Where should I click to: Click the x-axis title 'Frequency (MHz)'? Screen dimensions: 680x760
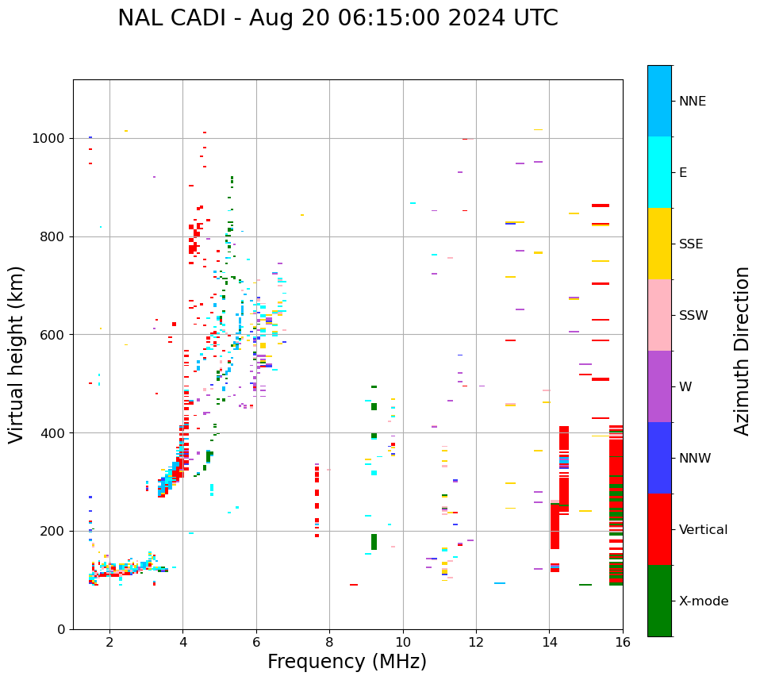347,662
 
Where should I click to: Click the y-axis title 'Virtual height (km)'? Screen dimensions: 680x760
17,354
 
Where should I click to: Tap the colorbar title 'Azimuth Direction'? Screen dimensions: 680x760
742,351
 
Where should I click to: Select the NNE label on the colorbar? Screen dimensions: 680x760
692,102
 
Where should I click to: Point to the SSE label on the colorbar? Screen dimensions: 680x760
690,244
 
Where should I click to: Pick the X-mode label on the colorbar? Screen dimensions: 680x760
704,601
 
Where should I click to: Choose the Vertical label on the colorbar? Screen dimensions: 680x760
703,530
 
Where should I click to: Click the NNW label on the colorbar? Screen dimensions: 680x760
695,459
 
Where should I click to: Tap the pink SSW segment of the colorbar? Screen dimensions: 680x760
659,315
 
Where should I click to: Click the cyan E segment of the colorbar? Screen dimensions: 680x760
659,172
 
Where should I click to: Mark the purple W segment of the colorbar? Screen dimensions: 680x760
659,386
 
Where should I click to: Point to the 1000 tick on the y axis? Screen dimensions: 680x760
51,138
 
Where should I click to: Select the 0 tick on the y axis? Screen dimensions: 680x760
63,629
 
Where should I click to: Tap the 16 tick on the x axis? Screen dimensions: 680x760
622,642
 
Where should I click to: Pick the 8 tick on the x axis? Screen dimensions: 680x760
329,642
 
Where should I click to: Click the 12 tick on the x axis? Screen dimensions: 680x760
476,642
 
